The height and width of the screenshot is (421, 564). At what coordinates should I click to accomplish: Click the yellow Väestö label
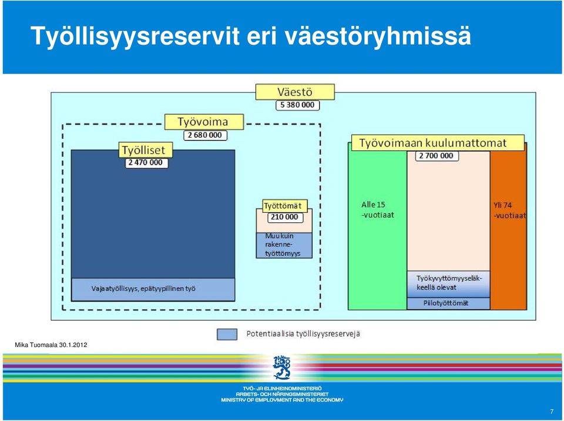point(295,92)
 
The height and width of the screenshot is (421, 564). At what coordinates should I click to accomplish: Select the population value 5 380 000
point(297,105)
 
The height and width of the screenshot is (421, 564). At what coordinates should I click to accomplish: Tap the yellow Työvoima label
point(204,122)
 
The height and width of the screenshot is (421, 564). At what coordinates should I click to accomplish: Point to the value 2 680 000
point(205,135)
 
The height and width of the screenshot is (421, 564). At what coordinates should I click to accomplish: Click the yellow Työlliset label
point(146,150)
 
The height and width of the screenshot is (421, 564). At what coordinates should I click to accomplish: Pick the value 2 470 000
point(146,163)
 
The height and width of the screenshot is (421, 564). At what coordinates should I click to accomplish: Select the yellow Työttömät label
point(285,206)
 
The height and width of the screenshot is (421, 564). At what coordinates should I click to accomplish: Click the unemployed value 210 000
point(285,217)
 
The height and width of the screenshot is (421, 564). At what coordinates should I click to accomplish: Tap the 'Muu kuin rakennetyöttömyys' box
point(284,245)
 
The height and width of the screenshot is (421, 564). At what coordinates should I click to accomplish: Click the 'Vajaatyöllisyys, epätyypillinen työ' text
point(143,289)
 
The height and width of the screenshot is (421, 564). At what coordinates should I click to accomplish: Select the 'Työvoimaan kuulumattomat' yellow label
point(438,143)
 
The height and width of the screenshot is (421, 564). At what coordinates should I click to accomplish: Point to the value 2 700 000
point(437,156)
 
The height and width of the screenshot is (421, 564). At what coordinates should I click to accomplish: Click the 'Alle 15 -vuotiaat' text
point(378,209)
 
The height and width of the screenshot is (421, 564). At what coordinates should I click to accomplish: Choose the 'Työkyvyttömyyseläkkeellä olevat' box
point(448,284)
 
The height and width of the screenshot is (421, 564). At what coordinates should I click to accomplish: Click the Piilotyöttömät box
point(448,303)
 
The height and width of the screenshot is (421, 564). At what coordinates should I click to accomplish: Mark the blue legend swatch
point(227,334)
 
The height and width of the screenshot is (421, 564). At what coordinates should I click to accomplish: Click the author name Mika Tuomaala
point(36,345)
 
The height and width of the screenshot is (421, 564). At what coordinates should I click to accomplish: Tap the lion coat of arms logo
point(282,367)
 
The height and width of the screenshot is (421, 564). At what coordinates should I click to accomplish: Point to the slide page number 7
point(552,412)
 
